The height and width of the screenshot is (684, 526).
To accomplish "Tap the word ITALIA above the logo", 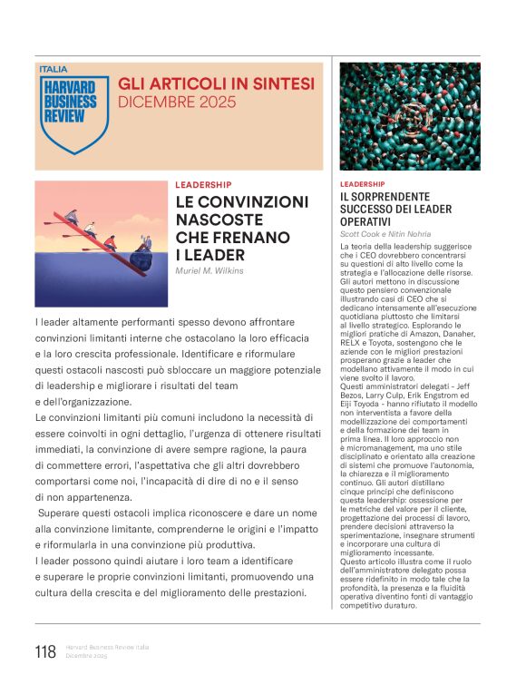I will tap(54, 68).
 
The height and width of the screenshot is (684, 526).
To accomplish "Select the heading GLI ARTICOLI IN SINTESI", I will tap(217, 83).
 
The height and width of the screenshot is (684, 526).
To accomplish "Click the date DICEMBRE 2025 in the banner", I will tap(177, 103).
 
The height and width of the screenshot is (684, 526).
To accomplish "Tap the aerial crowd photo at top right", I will tap(410, 116).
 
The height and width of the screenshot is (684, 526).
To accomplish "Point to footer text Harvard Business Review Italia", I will tap(107, 647).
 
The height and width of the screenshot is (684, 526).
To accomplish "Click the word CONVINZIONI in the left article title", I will tap(254, 201).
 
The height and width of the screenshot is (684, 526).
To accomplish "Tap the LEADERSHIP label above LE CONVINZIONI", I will tap(203, 184).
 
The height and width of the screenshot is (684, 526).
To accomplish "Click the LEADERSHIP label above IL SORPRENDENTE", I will tap(362, 183).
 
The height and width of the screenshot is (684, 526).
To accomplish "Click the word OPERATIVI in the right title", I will tap(365, 221).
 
